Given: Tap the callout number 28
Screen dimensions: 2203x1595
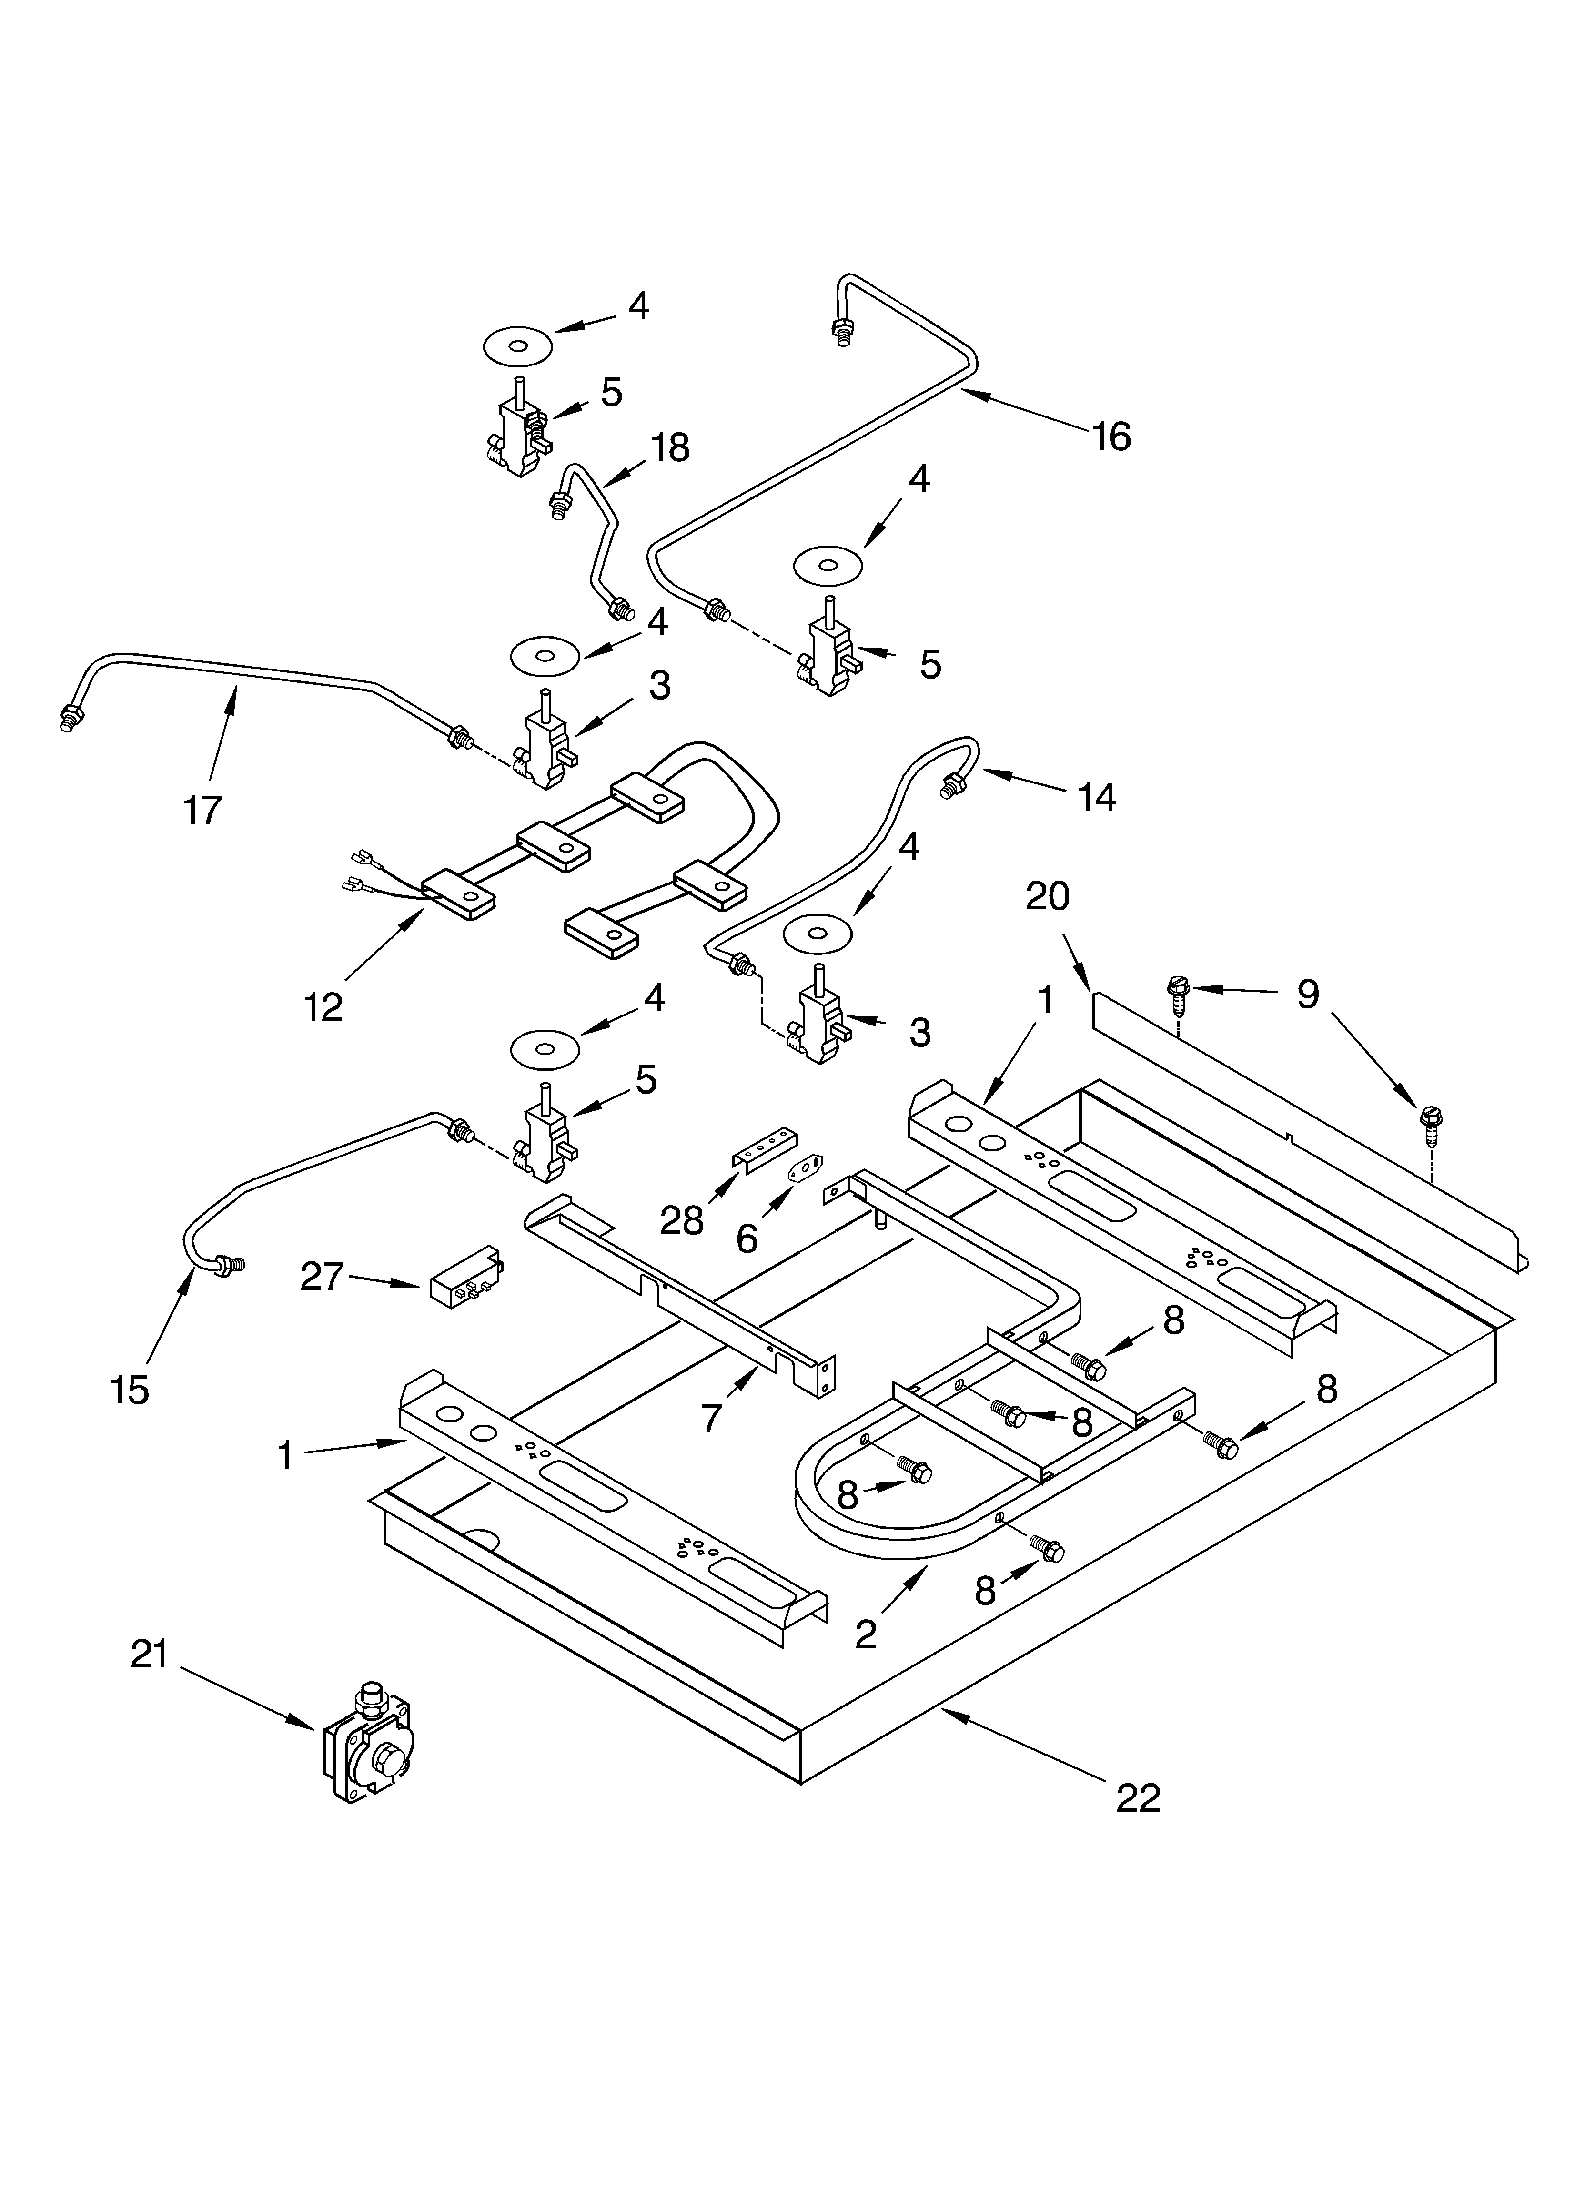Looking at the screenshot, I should (682, 1220).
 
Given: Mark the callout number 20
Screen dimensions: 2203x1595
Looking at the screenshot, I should (1047, 895).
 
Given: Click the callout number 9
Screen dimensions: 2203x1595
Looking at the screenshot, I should (1307, 994).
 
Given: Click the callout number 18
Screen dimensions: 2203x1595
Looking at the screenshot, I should (669, 448).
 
